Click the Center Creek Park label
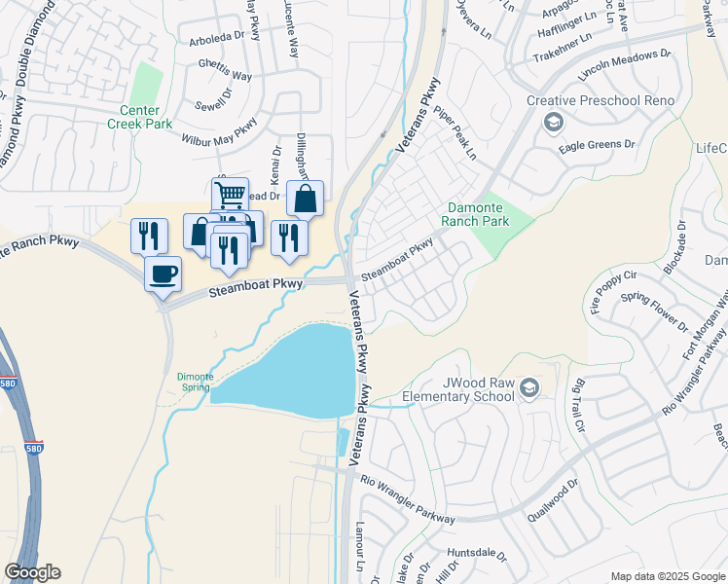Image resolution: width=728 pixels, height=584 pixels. (x=147, y=117)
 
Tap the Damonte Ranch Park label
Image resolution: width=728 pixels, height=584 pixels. (x=479, y=214)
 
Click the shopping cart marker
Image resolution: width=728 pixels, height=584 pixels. (x=230, y=194)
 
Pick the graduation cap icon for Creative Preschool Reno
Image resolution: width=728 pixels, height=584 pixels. (x=554, y=122)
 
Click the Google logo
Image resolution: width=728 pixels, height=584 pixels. (x=32, y=572)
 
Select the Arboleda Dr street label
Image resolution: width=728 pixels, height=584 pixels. (x=220, y=43)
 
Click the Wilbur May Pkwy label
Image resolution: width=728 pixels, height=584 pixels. (x=220, y=130)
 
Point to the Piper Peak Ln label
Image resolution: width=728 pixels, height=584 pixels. (x=455, y=134)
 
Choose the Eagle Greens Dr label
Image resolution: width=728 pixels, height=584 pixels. (x=597, y=146)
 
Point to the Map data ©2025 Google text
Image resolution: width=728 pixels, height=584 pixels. (x=667, y=576)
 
